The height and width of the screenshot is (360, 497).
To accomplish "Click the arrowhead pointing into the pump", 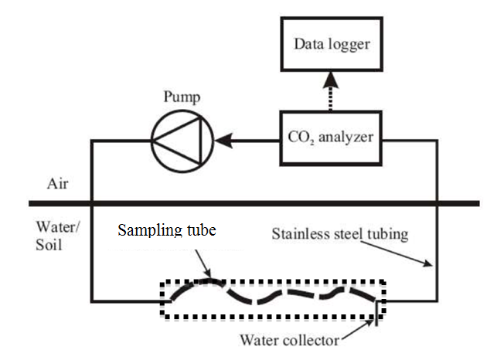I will [222, 141].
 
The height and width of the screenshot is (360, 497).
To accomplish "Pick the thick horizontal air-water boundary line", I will [255, 203].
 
